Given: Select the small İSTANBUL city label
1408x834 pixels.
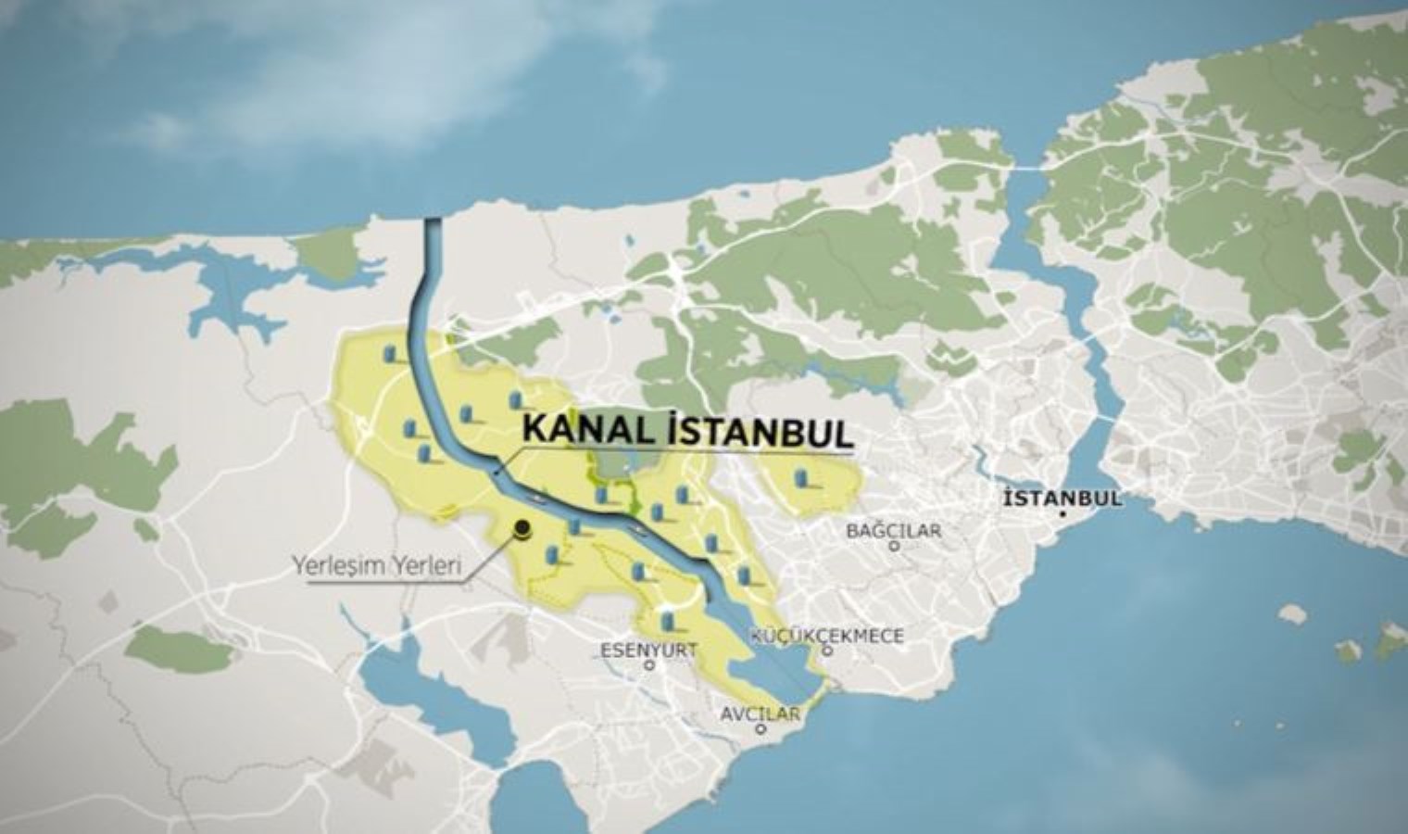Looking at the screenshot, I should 1062,498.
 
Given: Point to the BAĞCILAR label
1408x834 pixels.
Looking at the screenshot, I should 894,531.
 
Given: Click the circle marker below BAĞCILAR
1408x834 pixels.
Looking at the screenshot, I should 894,547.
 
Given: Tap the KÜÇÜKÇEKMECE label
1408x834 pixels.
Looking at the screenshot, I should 827,636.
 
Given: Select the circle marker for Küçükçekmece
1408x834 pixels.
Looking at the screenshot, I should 828,651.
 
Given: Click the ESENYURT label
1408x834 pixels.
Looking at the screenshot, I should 648,649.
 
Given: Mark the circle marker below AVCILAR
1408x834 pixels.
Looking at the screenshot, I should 761,728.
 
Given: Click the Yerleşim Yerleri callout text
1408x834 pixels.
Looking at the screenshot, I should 377,565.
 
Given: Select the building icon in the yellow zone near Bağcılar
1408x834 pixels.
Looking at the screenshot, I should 802,478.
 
